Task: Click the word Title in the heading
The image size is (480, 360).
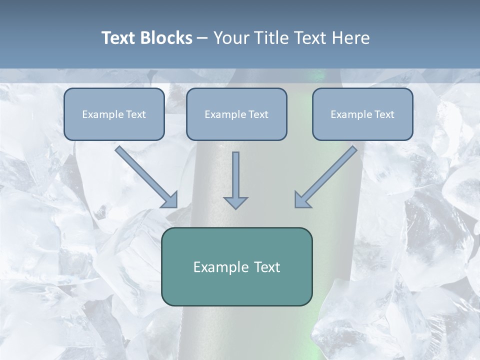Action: pyautogui.click(x=270, y=38)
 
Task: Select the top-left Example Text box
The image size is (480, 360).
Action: pyautogui.click(x=114, y=114)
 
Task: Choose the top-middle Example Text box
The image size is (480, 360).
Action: pyautogui.click(x=236, y=114)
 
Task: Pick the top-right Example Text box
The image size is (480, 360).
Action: pyautogui.click(x=362, y=114)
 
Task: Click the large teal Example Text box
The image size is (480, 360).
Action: pyautogui.click(x=236, y=266)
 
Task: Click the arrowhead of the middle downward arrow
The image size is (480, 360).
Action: pyautogui.click(x=235, y=202)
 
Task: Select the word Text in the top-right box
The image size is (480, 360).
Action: pyautogui.click(x=384, y=114)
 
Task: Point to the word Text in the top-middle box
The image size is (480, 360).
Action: pyautogui.click(x=258, y=114)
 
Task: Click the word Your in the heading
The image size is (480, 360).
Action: pyautogui.click(x=229, y=38)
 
